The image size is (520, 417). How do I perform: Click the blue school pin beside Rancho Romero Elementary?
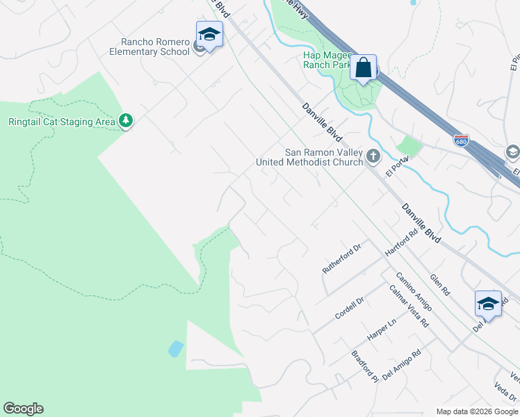pos(209,35)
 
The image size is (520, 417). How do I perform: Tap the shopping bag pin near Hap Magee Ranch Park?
pos(363,68)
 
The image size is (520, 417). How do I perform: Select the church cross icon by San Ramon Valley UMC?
pos(373,156)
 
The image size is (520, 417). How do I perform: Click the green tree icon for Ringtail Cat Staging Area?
pos(126,122)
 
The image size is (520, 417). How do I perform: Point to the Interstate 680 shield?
pos(462,140)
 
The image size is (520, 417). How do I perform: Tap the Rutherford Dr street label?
pos(343,258)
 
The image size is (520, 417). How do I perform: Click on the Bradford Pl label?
pos(365,367)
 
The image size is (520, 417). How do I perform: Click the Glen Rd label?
pos(440,284)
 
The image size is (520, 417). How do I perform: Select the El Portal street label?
pos(397,165)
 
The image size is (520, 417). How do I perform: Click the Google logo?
pos(23,409)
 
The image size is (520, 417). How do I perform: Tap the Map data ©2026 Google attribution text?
pos(476,411)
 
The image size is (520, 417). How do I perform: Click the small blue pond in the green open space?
pos(176,348)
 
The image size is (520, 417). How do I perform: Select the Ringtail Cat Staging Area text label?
pos(61,122)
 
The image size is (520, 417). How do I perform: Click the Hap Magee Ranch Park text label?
pos(326,60)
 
